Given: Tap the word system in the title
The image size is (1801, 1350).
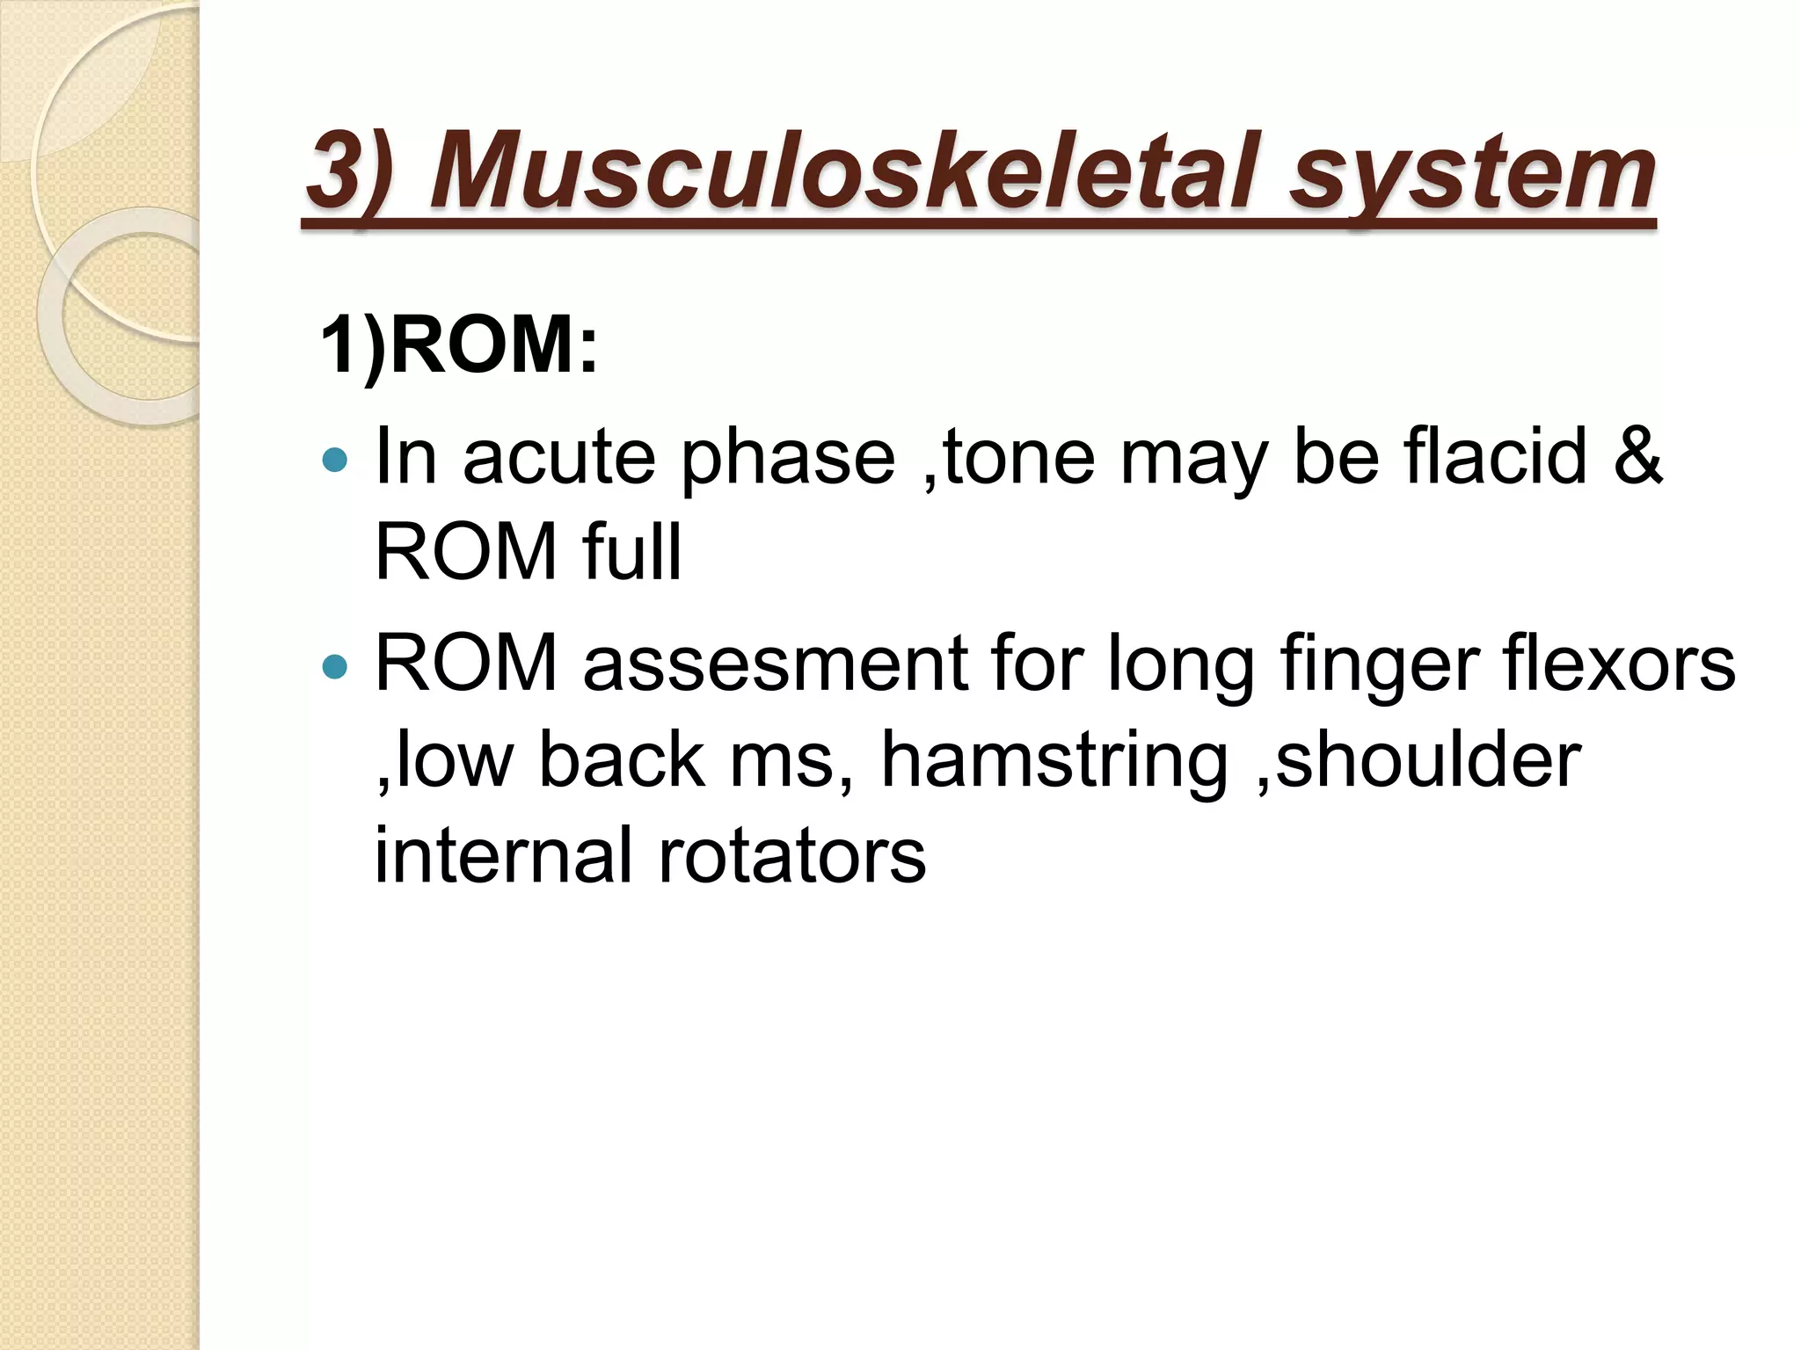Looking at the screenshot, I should tap(1471, 172).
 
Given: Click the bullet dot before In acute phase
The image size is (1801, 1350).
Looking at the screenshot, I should tap(335, 458).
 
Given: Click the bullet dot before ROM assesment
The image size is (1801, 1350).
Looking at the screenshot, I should tap(335, 666).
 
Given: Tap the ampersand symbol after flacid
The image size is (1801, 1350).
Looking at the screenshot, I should tap(1637, 456).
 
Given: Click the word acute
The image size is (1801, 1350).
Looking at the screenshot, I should tap(559, 458).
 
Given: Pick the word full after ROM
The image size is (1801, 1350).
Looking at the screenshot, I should tap(631, 553).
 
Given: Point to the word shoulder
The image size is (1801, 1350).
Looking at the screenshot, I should tap(1427, 759).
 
